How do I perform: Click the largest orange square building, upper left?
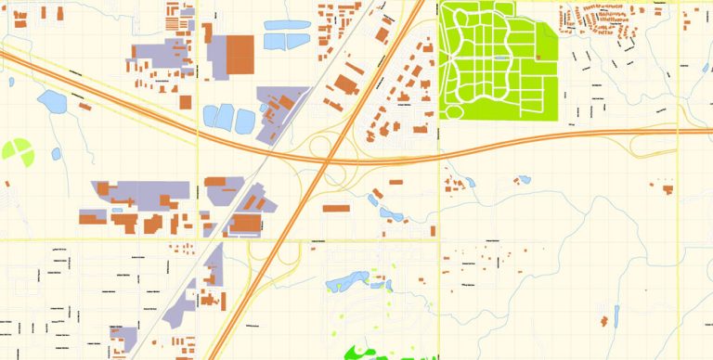(240, 54)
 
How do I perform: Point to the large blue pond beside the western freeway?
(51, 101)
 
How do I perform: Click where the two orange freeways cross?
(327, 162)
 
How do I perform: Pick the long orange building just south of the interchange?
(336, 208)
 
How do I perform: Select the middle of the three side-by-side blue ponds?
(226, 117)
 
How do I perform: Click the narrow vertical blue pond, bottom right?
(617, 315)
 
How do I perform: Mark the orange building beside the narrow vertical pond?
(604, 322)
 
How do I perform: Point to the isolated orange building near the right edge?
(668, 190)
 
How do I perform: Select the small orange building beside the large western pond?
(84, 107)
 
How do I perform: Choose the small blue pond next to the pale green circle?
(56, 153)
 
